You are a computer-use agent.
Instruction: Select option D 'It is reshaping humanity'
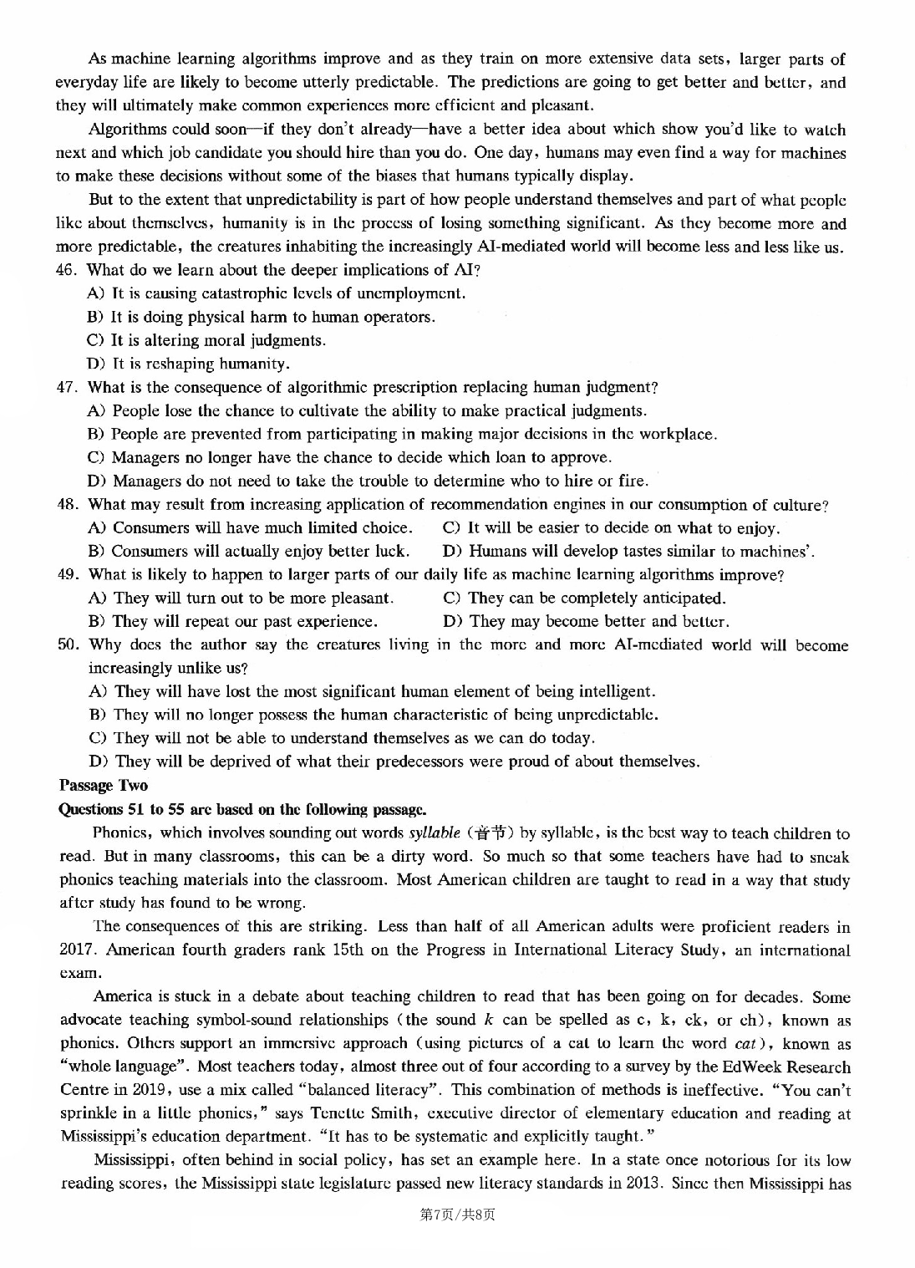pyautogui.click(x=189, y=364)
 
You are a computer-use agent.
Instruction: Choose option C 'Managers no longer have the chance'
pyautogui.click(x=349, y=457)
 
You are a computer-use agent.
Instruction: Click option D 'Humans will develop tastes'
pyautogui.click(x=628, y=551)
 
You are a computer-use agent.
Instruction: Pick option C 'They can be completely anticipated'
pyautogui.click(x=584, y=598)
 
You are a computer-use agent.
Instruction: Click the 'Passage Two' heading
pyautogui.click(x=104, y=785)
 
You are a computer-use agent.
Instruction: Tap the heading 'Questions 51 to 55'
pyautogui.click(x=242, y=808)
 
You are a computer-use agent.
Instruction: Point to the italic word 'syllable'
pyautogui.click(x=435, y=833)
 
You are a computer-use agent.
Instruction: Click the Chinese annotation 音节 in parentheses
pyautogui.click(x=489, y=833)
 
